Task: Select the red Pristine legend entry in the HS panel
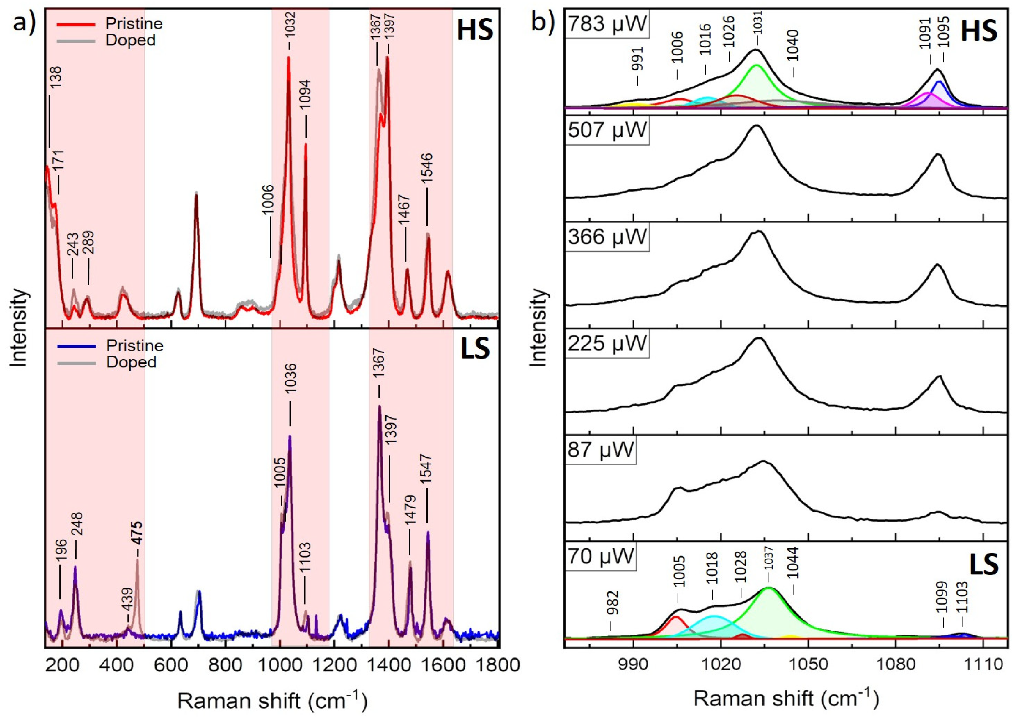coord(133,24)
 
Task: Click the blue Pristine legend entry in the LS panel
coord(134,346)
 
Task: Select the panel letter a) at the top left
coord(24,22)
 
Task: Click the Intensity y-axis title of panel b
coord(538,328)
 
